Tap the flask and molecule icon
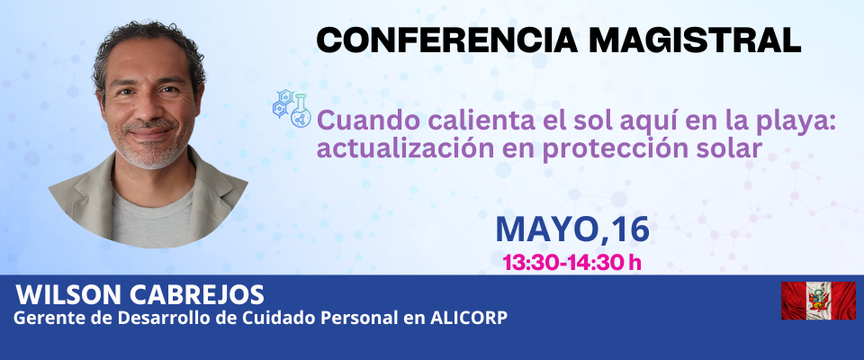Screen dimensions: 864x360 [292, 108]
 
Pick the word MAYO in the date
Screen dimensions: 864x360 [545, 229]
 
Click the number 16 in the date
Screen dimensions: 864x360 [629, 229]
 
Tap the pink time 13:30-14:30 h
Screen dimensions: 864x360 [572, 263]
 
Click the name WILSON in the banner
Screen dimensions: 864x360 [69, 295]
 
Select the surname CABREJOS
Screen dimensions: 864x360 [197, 295]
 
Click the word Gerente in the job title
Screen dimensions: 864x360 [40, 318]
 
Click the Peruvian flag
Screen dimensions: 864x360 [818, 301]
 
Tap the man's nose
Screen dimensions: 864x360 [147, 109]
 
